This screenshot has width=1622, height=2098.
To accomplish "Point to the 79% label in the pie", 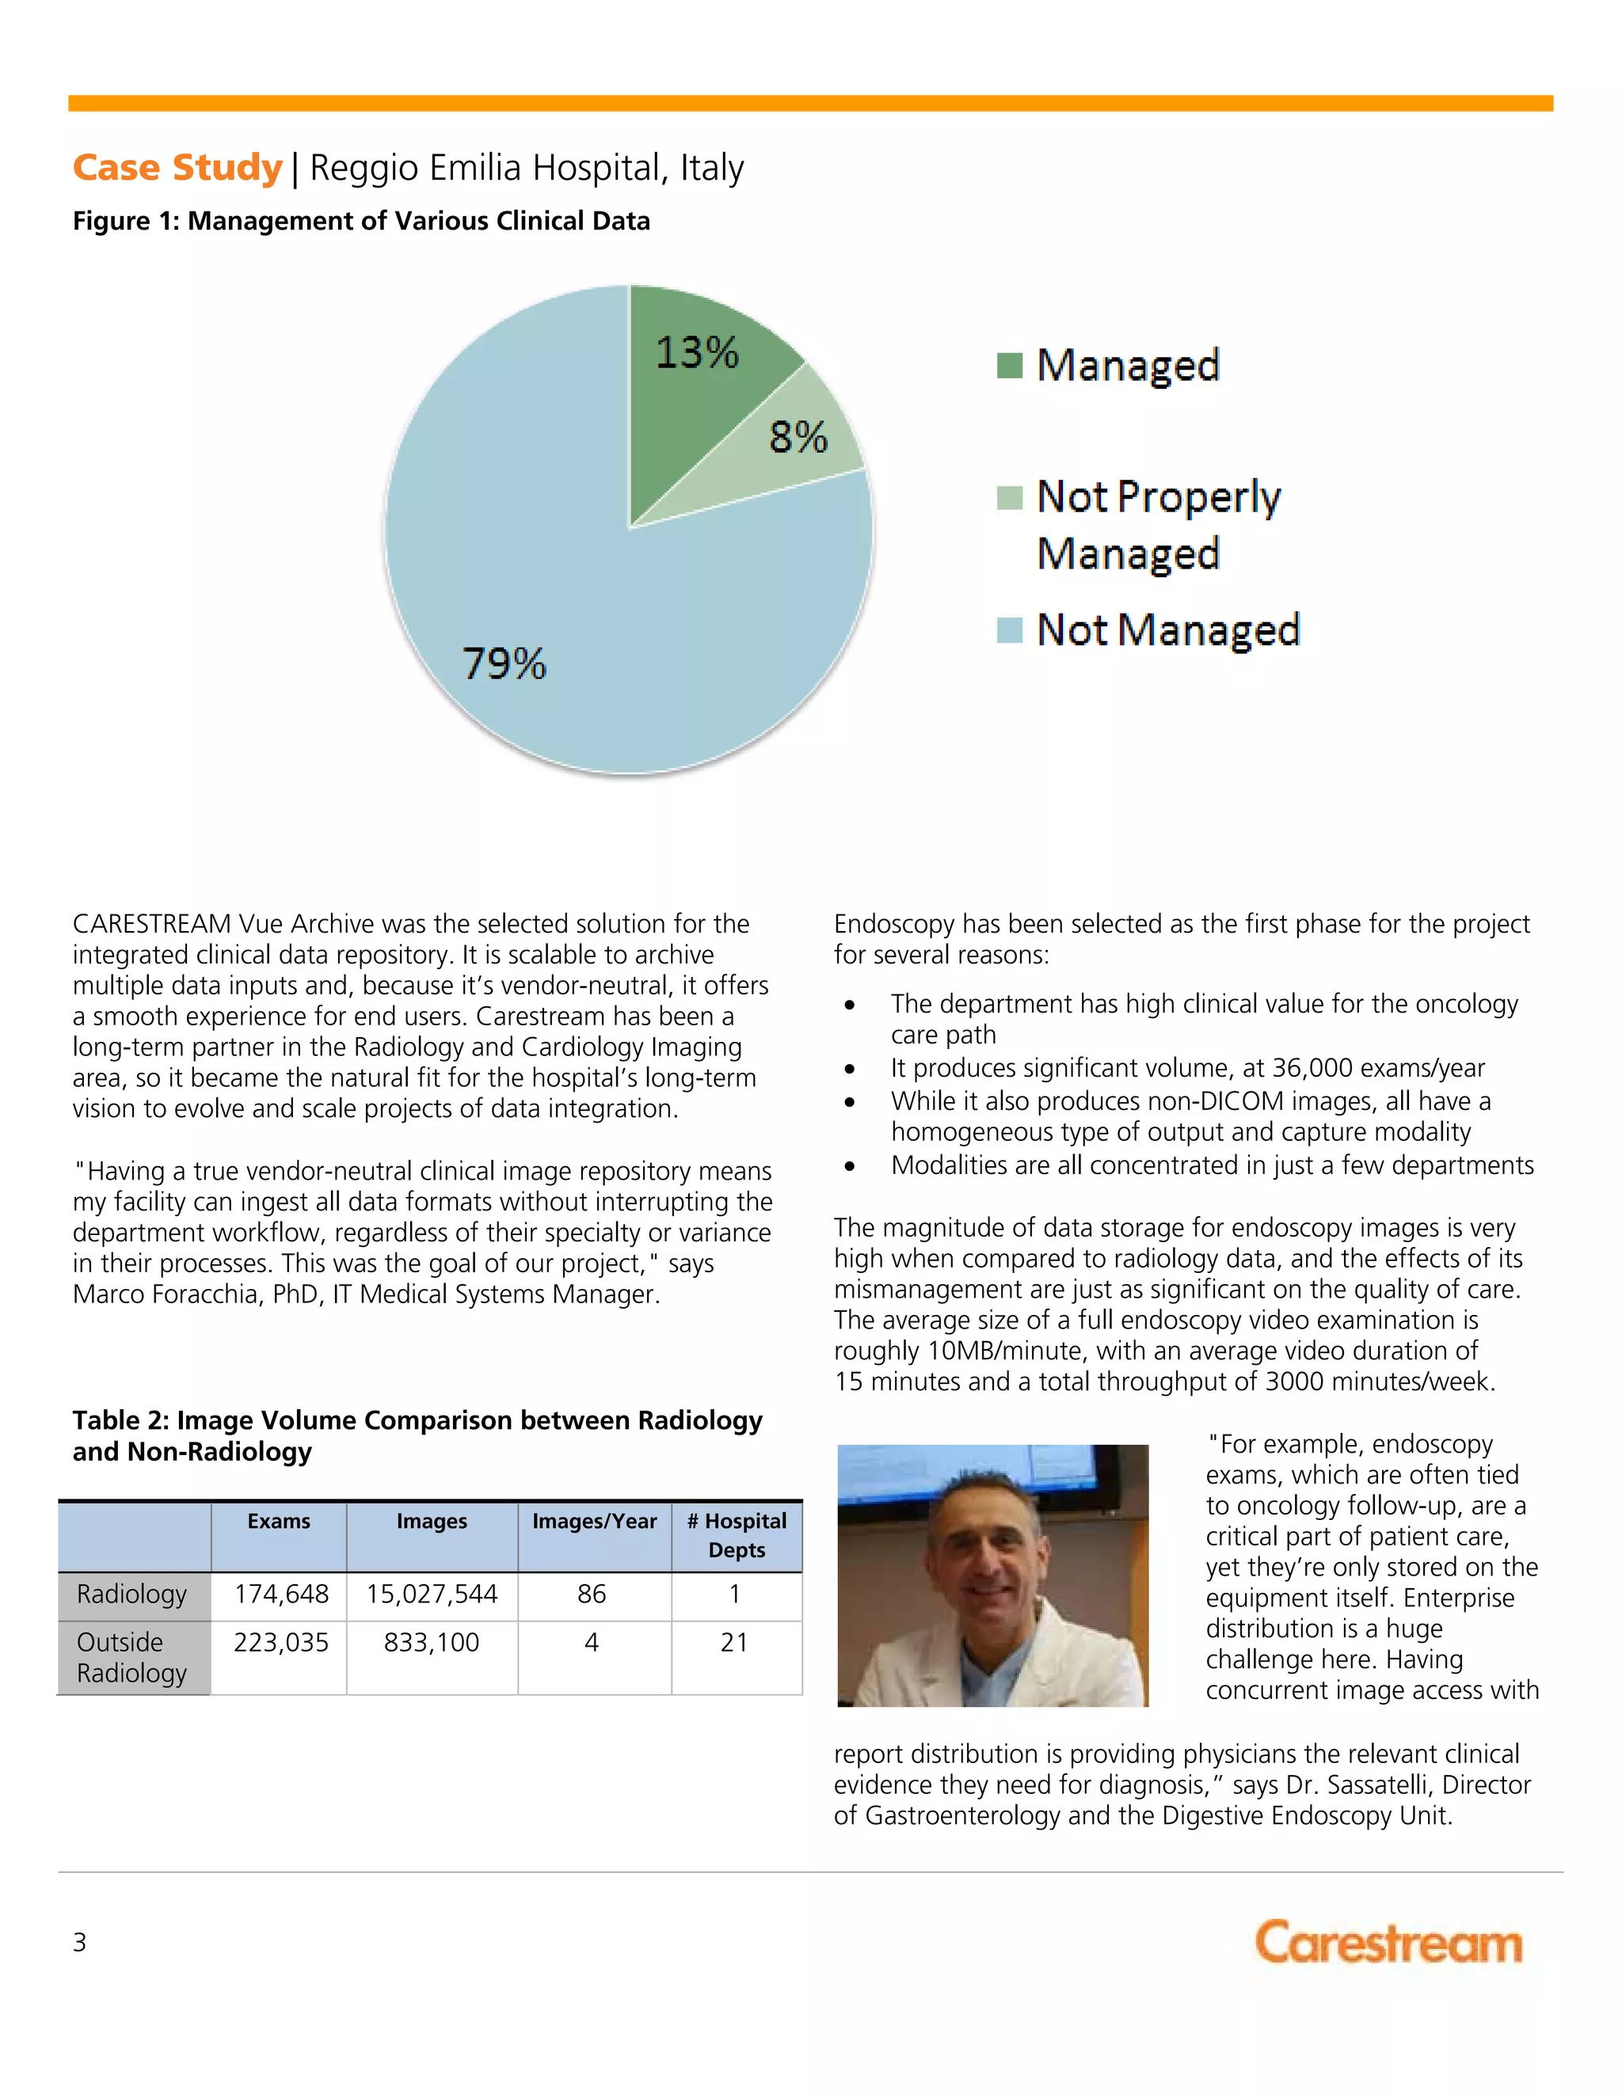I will pyautogui.click(x=504, y=663).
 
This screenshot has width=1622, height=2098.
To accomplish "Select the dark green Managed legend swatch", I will pyautogui.click(x=1009, y=365).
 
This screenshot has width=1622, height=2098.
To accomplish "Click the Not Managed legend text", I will pyautogui.click(x=1167, y=630).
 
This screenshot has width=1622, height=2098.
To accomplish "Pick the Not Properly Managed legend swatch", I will pyautogui.click(x=1009, y=498).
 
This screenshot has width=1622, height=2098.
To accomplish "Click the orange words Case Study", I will pyautogui.click(x=177, y=167).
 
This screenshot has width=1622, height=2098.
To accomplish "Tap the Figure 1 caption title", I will pyautogui.click(x=361, y=221).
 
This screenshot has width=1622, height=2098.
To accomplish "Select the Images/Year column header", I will pyautogui.click(x=594, y=1522).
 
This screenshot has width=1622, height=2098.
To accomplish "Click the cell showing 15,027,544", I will pyautogui.click(x=432, y=1594).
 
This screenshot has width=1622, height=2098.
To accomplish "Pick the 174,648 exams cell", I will pyautogui.click(x=280, y=1594).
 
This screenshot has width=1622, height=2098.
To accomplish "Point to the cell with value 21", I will pyautogui.click(x=734, y=1643).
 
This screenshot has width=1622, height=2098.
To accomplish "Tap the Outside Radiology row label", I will pyautogui.click(x=131, y=1657).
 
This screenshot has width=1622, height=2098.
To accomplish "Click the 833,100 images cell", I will pyautogui.click(x=432, y=1643).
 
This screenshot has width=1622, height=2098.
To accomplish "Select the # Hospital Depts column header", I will pyautogui.click(x=736, y=1535).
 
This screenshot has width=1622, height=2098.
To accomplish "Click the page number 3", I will pyautogui.click(x=80, y=1942).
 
